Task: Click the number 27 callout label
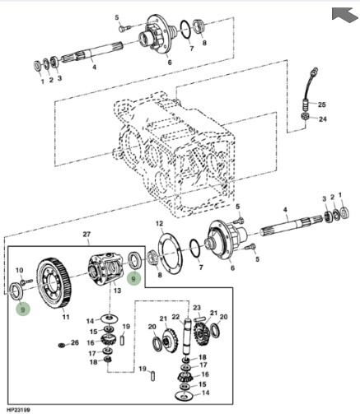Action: (x=86, y=235)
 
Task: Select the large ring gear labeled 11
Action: (x=54, y=283)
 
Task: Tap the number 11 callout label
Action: (x=66, y=317)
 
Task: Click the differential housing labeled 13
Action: (x=106, y=268)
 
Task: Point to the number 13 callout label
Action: (x=117, y=291)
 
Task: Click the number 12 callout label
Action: (x=159, y=224)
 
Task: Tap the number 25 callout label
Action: (x=322, y=105)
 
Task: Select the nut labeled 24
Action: (x=306, y=116)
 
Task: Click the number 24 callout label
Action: (x=323, y=119)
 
